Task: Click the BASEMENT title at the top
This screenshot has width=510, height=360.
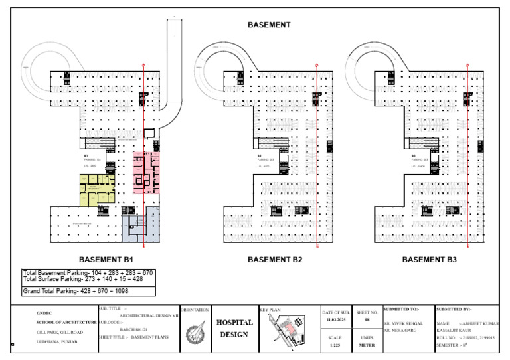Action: pyautogui.click(x=268, y=25)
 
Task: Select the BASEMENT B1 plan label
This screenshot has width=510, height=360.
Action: pyautogui.click(x=107, y=260)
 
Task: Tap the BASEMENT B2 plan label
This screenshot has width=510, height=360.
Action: pyautogui.click(x=274, y=260)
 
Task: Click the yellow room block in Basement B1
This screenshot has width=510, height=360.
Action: pyautogui.click(x=96, y=189)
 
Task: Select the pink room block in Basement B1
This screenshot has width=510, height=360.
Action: pyautogui.click(x=146, y=172)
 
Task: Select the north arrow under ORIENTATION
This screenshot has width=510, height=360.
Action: pyautogui.click(x=195, y=331)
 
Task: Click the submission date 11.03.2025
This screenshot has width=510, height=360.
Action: pyautogui.click(x=336, y=319)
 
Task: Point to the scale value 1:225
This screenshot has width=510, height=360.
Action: pyautogui.click(x=335, y=345)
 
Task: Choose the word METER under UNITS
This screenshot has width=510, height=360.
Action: pyautogui.click(x=367, y=345)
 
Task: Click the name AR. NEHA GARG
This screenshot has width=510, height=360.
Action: pyautogui.click(x=402, y=330)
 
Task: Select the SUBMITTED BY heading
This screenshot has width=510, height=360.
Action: pyautogui.click(x=453, y=309)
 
